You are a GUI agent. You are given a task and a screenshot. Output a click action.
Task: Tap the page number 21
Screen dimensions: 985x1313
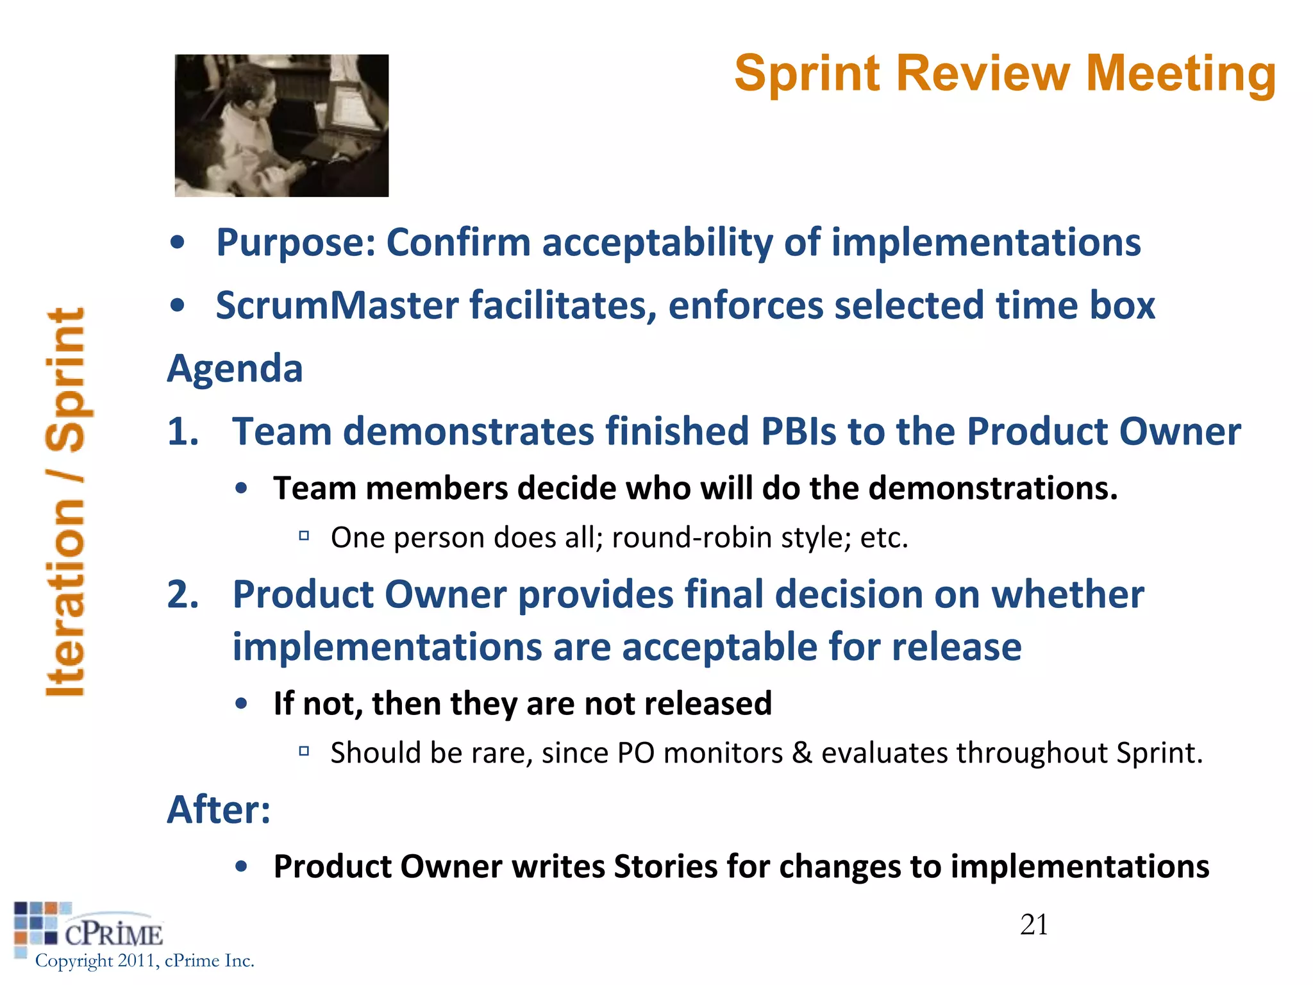click(x=1033, y=925)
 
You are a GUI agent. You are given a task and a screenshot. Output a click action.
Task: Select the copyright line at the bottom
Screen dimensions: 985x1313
click(x=145, y=961)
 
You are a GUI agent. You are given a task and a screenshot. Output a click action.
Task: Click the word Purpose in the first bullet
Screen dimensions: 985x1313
click(x=296, y=244)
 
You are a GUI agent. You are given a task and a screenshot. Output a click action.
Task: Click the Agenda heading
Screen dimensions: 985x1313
click(x=235, y=369)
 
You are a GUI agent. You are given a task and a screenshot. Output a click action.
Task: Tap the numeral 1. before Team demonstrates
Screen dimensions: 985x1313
click(x=183, y=431)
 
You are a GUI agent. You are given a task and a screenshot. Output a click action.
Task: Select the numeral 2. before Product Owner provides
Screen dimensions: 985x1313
click(x=183, y=594)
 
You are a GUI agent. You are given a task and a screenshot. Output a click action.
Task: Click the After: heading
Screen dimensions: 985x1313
click(x=219, y=809)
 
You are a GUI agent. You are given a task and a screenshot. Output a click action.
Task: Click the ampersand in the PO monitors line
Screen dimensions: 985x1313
click(x=801, y=753)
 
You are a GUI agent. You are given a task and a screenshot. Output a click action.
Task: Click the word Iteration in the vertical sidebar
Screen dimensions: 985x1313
click(x=66, y=596)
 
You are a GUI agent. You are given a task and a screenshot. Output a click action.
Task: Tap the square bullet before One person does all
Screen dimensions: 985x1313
click(x=304, y=535)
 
